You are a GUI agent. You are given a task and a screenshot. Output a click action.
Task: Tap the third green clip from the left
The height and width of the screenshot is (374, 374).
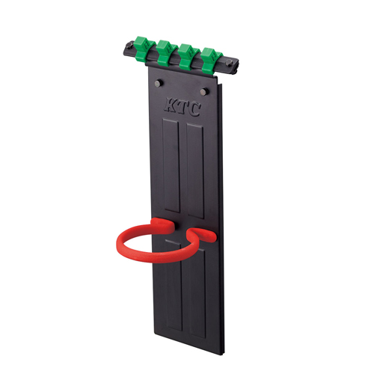[x=187, y=56]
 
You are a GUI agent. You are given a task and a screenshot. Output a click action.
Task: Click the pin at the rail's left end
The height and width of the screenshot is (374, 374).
[x=130, y=45]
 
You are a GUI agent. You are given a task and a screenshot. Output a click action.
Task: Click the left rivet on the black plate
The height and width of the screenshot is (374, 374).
[x=159, y=83]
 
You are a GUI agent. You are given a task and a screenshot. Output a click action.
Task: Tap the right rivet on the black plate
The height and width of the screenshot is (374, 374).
[x=205, y=91]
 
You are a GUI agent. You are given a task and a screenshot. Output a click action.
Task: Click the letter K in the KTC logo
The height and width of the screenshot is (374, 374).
[x=170, y=104]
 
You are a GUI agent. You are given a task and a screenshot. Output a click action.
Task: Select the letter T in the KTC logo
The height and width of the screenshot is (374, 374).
[x=181, y=107]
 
